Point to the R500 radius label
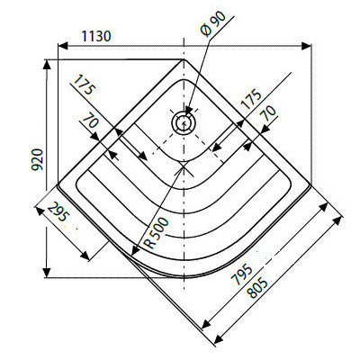tap(153, 230)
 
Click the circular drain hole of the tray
tap(184, 121)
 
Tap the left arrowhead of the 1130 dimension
tap(60, 44)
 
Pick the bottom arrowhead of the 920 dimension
tap(45, 274)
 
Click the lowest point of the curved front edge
tap(184, 274)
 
